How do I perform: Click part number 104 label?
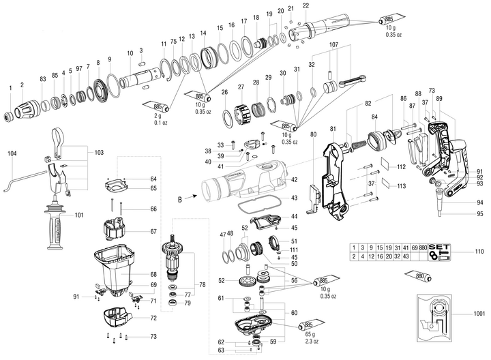pos(12,154)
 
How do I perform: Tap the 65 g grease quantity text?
pos(310,334)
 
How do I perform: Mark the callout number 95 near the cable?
pos(480,214)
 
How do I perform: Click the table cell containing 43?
pos(406,256)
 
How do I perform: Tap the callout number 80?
pos(314,135)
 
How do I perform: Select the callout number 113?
pos(401,185)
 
